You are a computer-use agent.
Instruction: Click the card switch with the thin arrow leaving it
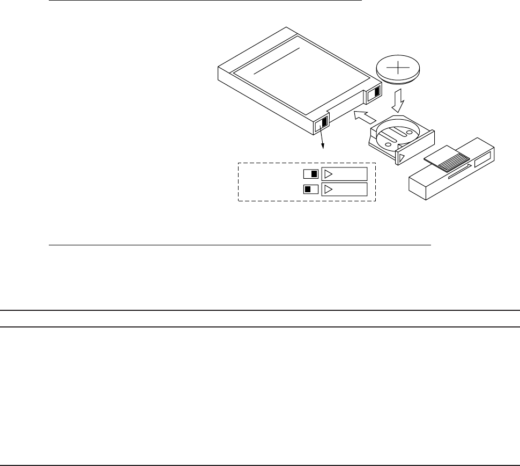coord(321,123)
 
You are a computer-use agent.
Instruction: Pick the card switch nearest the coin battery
coord(374,93)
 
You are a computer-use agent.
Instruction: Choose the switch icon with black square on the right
coord(311,174)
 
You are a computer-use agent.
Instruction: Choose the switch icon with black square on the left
coord(311,189)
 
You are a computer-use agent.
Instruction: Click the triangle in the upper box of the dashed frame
coord(330,174)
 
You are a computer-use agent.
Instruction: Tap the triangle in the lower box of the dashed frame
coord(330,189)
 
